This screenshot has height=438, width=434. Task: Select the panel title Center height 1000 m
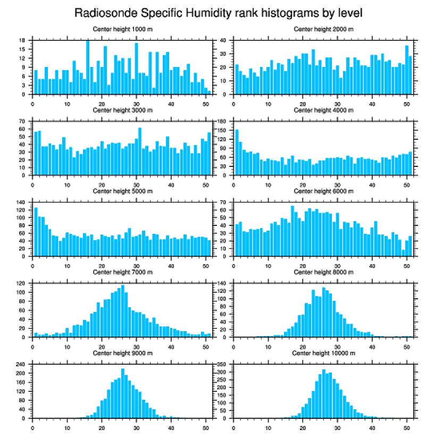tap(123, 29)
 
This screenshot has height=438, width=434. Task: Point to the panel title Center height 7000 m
tap(123, 272)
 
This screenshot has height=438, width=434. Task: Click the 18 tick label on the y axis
tap(23, 40)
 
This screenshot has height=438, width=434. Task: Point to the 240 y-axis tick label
tap(22, 364)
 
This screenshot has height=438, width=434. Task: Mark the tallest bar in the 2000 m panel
tap(407, 70)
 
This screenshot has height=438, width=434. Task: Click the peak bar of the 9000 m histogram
tap(123, 393)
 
